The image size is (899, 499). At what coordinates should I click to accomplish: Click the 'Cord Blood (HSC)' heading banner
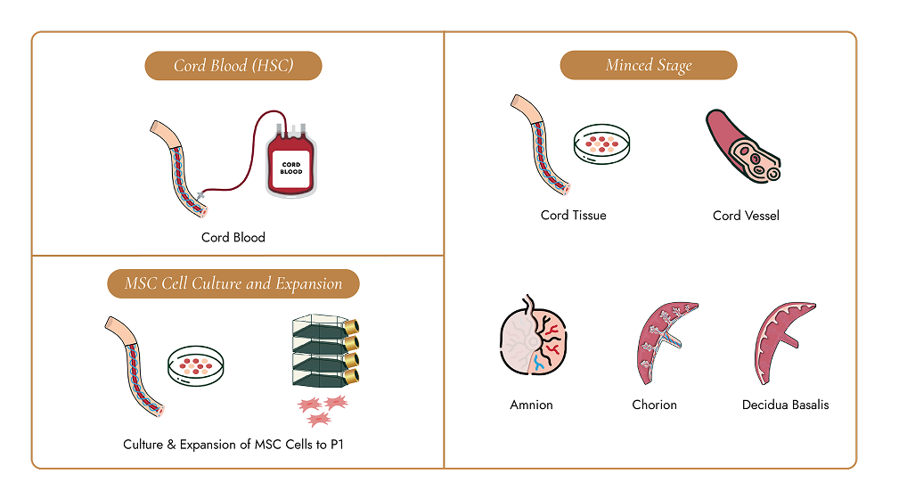(x=233, y=65)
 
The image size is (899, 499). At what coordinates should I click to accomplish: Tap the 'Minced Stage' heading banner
(x=649, y=65)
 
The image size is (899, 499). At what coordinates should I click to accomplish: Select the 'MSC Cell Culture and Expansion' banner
(x=233, y=283)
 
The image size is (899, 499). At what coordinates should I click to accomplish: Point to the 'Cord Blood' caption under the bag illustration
(x=233, y=237)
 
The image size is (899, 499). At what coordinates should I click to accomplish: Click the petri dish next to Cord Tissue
(x=602, y=143)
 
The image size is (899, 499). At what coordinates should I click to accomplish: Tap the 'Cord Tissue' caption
(x=573, y=215)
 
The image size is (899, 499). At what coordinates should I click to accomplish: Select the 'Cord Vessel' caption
(x=746, y=216)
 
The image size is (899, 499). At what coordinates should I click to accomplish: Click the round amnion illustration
(x=533, y=336)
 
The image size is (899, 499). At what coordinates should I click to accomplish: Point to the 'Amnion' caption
(x=532, y=405)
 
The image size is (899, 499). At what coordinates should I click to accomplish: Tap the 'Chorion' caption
(x=654, y=405)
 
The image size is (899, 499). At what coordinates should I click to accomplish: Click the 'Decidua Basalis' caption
(x=786, y=405)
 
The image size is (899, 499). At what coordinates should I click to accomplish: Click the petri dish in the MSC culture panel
(x=196, y=366)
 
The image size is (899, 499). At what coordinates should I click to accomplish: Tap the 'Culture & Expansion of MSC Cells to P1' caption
(x=233, y=445)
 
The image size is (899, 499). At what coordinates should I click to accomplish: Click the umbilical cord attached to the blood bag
(x=178, y=169)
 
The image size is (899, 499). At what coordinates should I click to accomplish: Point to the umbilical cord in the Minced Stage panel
(x=540, y=144)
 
